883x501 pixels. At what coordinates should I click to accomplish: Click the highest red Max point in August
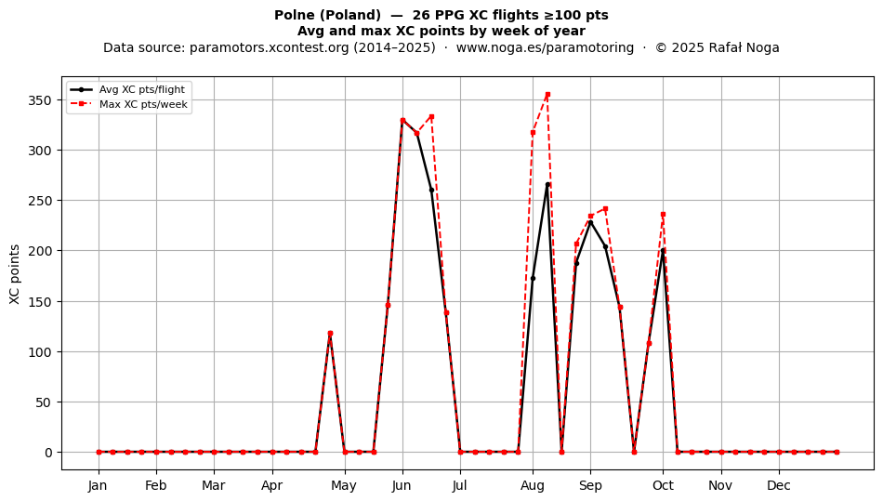point(547,95)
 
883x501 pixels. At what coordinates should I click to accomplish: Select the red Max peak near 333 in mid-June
point(431,116)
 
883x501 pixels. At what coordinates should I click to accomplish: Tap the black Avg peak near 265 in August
point(547,185)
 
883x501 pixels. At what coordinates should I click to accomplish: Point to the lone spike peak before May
point(330,334)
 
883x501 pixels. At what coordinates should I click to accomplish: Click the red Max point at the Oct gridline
point(663,215)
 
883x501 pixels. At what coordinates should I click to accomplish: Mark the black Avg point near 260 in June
point(431,191)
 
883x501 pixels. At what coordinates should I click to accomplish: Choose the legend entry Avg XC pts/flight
point(142,89)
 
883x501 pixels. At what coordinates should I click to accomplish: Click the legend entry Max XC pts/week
point(143,104)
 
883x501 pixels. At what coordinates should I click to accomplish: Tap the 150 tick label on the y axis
point(40,302)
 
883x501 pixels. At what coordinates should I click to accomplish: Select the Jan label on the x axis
point(98,485)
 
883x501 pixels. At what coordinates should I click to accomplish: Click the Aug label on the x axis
point(533,485)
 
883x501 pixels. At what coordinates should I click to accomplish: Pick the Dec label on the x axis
point(779,485)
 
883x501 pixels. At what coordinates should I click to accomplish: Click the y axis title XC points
point(15,275)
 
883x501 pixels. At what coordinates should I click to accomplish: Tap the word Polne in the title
point(294,15)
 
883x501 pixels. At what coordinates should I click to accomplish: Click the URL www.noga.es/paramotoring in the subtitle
point(545,47)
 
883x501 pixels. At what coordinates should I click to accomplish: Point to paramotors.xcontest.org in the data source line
point(270,47)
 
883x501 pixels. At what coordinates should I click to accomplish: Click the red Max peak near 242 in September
point(605,209)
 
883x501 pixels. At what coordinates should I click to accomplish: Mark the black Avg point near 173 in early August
point(533,278)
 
